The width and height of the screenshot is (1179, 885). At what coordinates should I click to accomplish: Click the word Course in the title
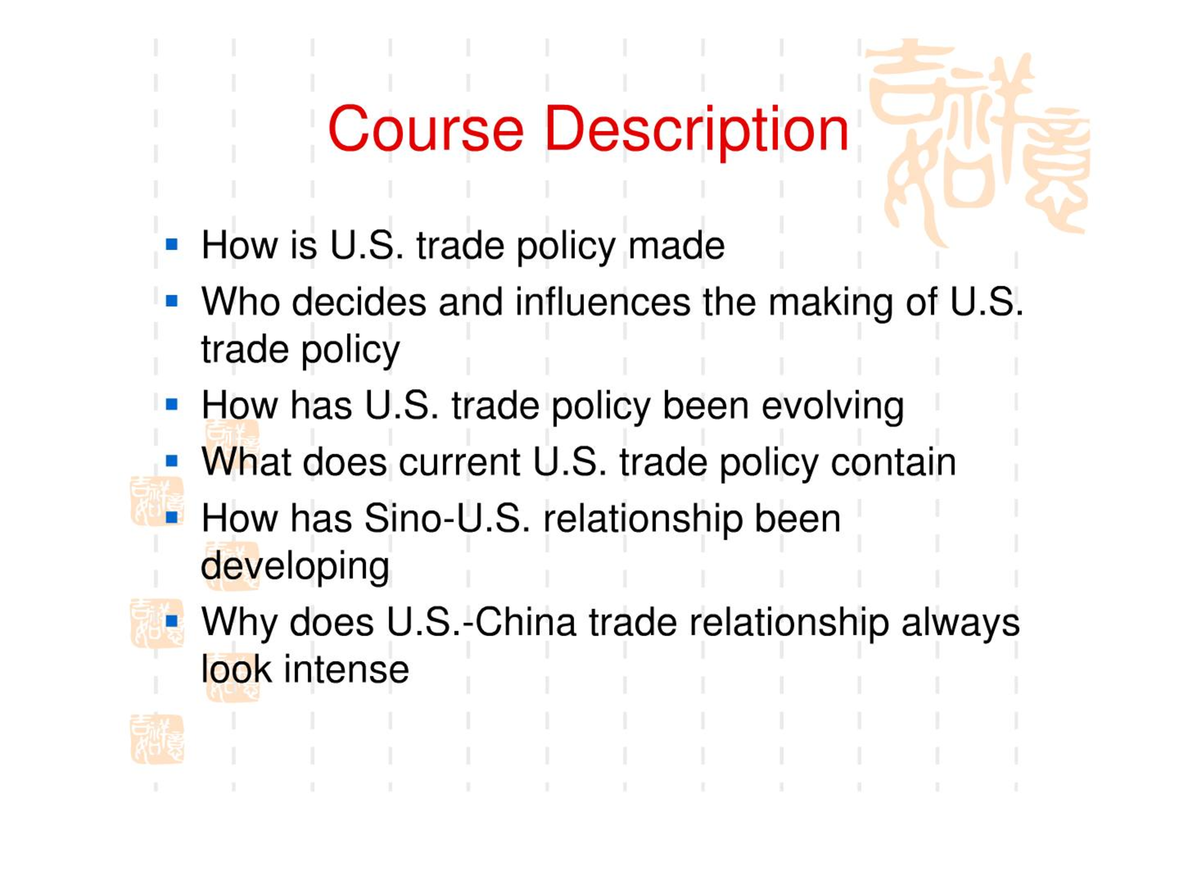pos(426,130)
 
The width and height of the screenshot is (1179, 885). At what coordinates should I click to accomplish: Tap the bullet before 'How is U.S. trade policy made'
pos(172,245)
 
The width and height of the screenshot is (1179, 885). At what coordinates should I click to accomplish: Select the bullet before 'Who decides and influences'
pos(172,301)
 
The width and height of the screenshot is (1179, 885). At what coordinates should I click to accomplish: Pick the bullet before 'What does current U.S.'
pos(172,461)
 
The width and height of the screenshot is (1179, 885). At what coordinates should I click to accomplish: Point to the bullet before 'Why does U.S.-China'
pos(172,621)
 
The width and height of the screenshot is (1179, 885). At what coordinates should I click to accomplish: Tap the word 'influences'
pos(602,302)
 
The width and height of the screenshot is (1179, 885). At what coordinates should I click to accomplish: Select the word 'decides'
pos(359,302)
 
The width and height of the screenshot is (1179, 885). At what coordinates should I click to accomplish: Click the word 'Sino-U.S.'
pos(447,518)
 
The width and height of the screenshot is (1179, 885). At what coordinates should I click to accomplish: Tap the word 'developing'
pos(295,567)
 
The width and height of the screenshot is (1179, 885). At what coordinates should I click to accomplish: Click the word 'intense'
pos(346,669)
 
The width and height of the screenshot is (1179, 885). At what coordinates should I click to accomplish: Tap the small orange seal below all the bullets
pos(157,739)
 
